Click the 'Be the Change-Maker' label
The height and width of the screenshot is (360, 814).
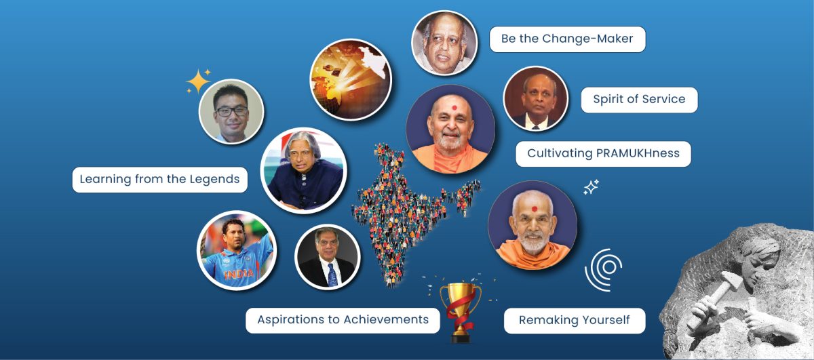(x=567, y=39)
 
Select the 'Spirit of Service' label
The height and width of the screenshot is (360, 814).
(x=639, y=100)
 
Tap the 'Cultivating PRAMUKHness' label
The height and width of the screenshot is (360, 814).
(x=603, y=154)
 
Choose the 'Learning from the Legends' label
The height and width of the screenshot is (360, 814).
(x=160, y=180)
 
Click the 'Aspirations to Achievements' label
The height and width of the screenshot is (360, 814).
(x=343, y=320)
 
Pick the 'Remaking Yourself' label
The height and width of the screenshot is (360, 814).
(x=575, y=321)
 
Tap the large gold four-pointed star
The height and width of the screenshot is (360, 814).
(x=198, y=81)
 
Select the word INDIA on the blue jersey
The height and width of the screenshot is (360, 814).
(x=239, y=274)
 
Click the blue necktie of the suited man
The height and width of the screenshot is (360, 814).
(x=332, y=275)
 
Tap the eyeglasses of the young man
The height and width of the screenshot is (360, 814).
(x=231, y=111)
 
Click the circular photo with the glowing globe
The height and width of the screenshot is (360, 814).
(x=351, y=79)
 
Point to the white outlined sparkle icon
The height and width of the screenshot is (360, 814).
(x=591, y=187)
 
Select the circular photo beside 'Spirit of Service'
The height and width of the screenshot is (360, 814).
(x=535, y=98)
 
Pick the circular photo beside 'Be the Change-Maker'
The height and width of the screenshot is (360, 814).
(x=444, y=43)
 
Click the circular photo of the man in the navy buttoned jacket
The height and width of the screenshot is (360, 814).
(x=303, y=170)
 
